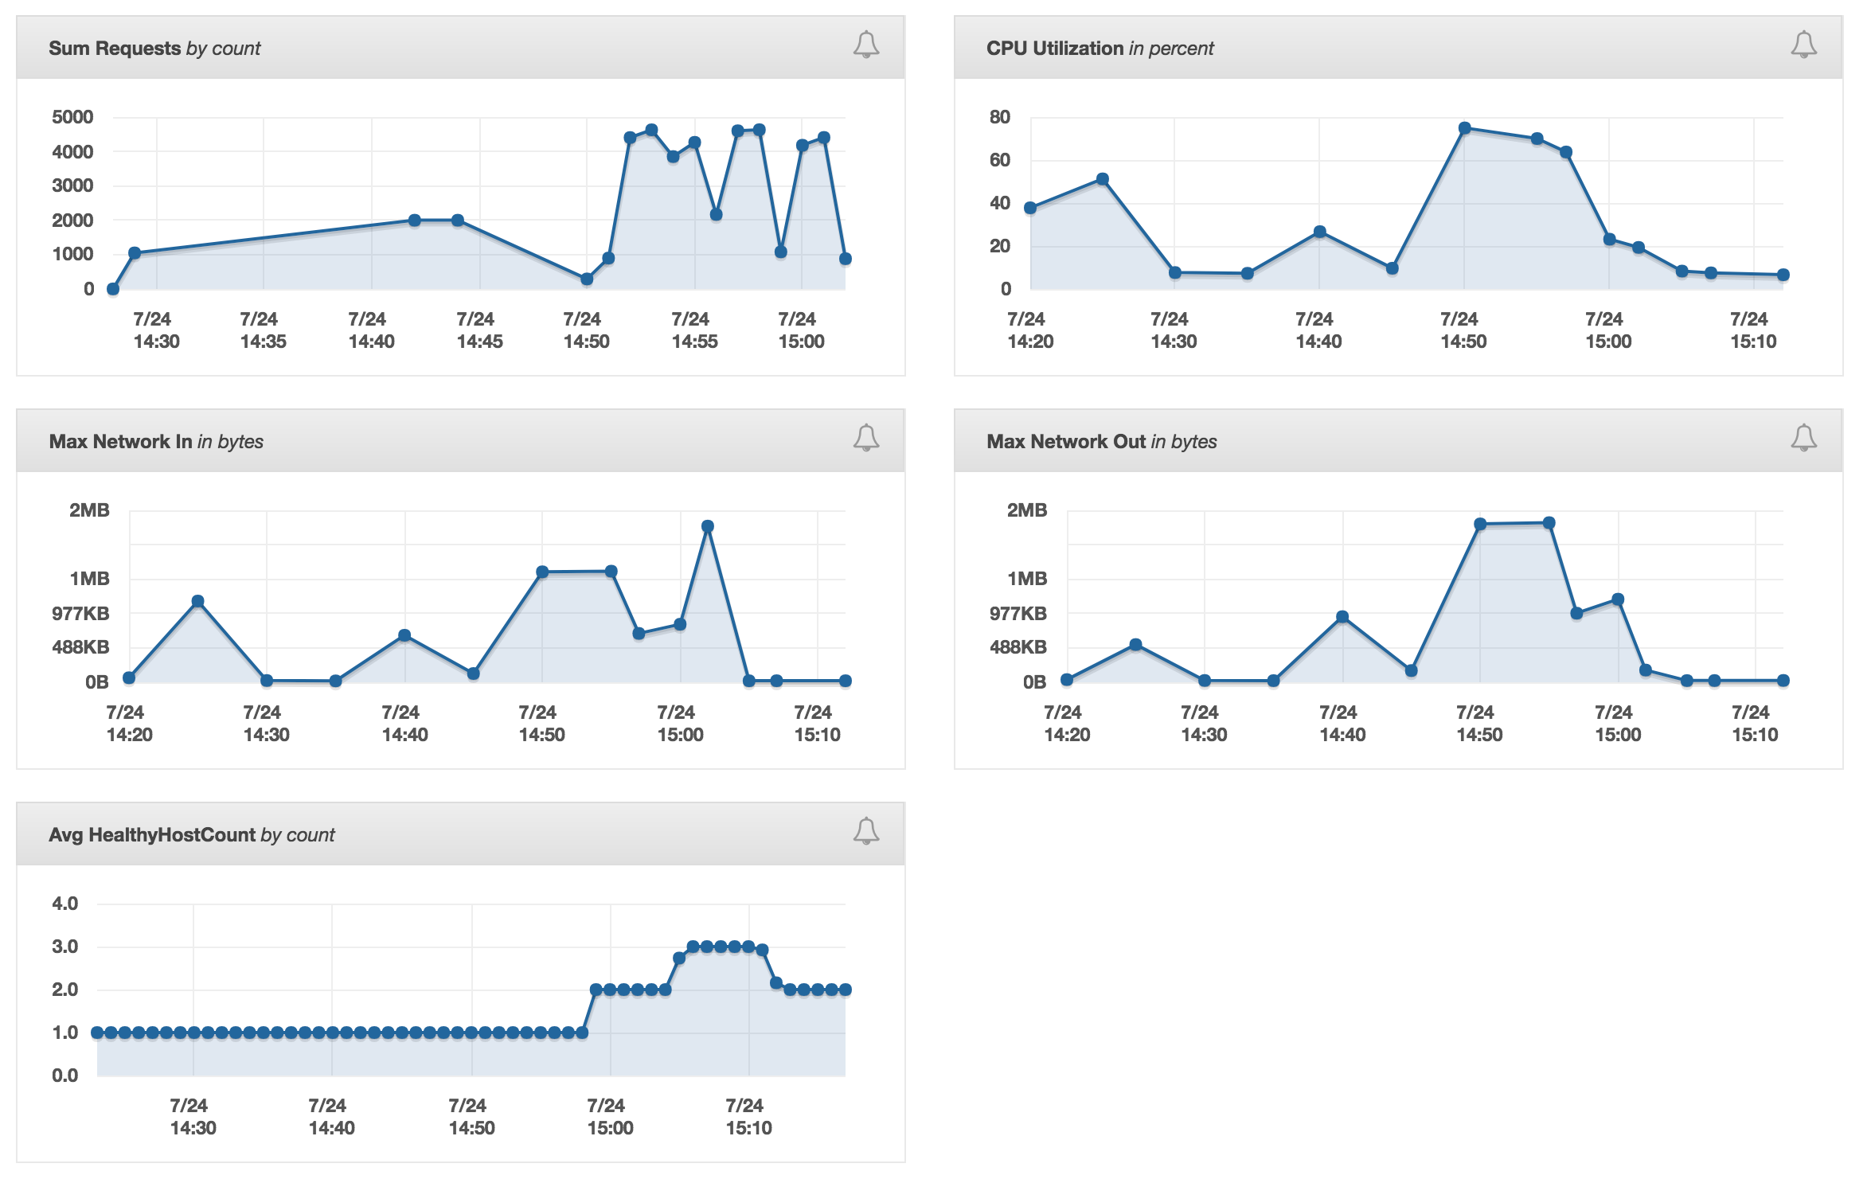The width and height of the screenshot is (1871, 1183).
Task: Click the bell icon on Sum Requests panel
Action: [865, 45]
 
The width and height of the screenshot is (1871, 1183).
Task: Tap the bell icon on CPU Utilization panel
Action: [1803, 45]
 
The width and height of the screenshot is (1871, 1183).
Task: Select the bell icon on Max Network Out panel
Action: [1803, 438]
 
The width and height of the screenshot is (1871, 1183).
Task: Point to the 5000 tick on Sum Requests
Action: [72, 117]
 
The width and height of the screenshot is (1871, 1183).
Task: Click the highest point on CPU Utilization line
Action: [1464, 128]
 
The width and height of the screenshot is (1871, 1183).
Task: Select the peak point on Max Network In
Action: [708, 526]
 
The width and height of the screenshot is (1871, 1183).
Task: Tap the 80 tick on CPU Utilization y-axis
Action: [999, 117]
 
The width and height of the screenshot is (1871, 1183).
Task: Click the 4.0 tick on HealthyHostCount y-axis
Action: [64, 904]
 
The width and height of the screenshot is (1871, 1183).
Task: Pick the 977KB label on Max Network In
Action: [80, 613]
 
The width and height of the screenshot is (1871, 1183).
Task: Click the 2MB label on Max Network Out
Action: [1026, 510]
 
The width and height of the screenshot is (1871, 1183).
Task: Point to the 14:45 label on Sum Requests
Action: [479, 330]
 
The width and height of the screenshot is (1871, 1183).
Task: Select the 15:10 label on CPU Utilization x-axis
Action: [1752, 330]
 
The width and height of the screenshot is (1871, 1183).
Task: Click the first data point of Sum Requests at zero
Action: [113, 289]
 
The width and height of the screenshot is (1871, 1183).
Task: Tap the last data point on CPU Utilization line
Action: [1783, 275]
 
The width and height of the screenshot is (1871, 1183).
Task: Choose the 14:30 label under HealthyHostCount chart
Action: [193, 1117]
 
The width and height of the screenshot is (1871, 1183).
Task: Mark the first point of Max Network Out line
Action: [1067, 680]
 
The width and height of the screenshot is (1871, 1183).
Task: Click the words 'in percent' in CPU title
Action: [1170, 48]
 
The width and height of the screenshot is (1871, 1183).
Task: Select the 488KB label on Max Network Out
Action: [1018, 647]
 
